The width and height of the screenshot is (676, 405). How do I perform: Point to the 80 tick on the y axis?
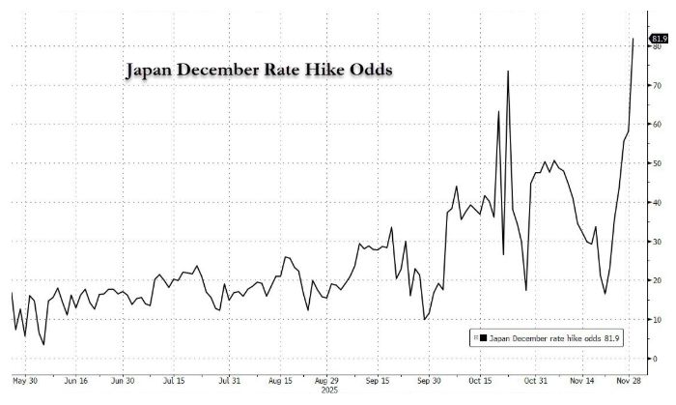point(656,46)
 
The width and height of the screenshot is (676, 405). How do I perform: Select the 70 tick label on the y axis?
point(656,85)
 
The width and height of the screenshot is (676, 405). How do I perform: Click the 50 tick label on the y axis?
point(656,163)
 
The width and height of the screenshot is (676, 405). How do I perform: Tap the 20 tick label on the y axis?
point(656,280)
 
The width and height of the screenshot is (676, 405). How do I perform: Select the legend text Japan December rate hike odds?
point(548,337)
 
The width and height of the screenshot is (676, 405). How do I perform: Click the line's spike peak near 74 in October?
point(508,72)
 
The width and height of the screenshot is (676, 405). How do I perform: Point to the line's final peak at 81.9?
point(634,39)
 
